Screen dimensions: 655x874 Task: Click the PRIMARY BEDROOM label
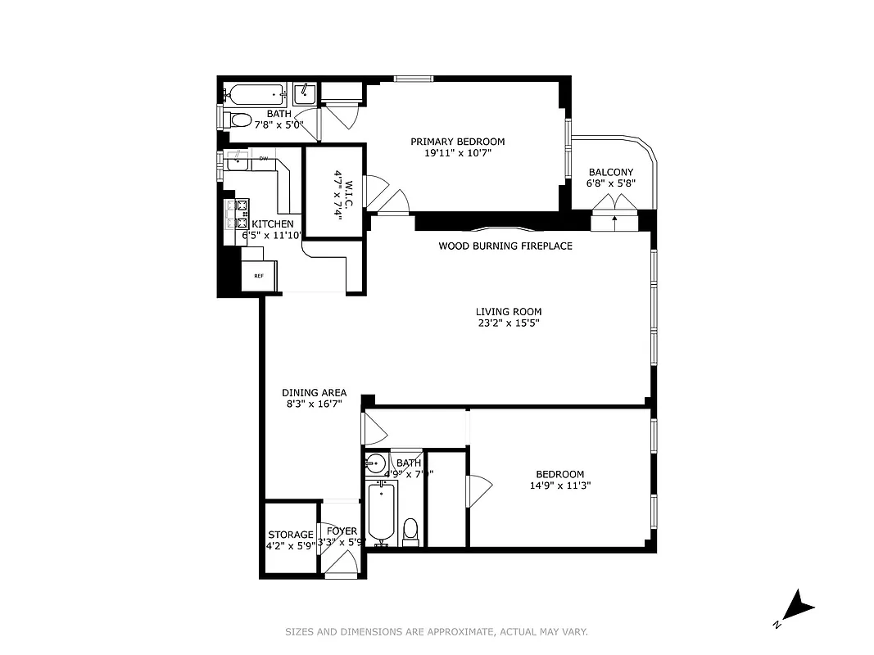(x=457, y=142)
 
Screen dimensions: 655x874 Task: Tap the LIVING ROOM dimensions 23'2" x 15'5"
(x=509, y=323)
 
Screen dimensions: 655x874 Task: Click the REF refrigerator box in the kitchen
(x=259, y=276)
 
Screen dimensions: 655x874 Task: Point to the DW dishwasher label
(x=264, y=158)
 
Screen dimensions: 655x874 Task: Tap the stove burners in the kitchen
(x=242, y=215)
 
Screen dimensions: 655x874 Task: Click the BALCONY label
(x=611, y=172)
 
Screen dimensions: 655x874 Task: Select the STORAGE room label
(x=291, y=535)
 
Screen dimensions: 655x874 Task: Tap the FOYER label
(x=342, y=531)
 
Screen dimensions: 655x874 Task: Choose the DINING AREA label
(x=314, y=392)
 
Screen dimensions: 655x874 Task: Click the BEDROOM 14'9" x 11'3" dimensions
(x=559, y=486)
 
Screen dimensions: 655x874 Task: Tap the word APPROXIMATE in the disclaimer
(x=456, y=631)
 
